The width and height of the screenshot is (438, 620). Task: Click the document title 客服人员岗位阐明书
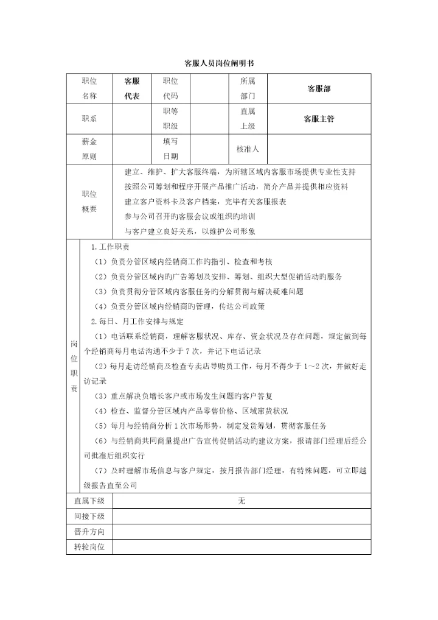point(219,63)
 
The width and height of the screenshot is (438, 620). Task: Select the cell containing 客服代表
point(131,88)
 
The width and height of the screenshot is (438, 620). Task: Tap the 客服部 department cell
point(319,88)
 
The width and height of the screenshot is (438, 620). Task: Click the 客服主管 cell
point(319,119)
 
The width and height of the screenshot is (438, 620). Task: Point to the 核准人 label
point(248,149)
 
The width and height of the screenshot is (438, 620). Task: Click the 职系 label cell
point(89,119)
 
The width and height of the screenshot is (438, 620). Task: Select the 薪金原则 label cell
point(89,149)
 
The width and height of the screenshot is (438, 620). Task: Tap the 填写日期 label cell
point(170,149)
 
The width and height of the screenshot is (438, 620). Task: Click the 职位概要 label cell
point(89,202)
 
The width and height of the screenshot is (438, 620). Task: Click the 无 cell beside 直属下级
point(242,501)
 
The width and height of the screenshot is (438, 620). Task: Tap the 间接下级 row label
point(89,516)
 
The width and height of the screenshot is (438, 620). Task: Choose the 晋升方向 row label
point(89,532)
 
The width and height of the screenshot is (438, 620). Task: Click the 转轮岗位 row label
point(89,547)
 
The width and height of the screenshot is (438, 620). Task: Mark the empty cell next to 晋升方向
point(242,532)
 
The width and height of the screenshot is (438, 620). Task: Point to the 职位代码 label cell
point(170,88)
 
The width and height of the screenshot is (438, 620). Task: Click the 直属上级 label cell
point(248,119)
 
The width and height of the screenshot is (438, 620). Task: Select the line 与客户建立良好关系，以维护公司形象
point(190,231)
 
